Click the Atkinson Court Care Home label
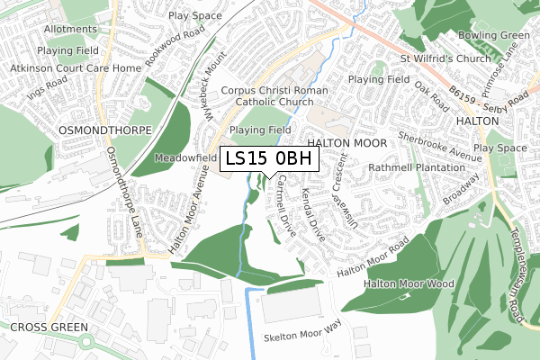(76, 68)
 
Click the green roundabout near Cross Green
(88, 343)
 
